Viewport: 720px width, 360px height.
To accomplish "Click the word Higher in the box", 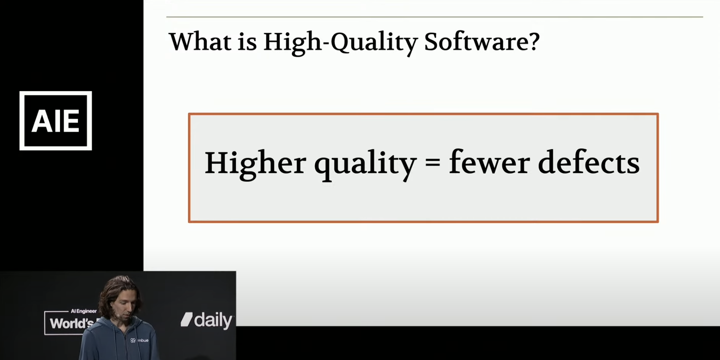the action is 255,164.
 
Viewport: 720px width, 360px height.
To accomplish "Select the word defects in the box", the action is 589,162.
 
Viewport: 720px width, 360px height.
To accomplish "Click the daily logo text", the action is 213,320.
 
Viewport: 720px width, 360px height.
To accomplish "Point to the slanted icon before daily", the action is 187,319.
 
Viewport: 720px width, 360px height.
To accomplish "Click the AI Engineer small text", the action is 84,311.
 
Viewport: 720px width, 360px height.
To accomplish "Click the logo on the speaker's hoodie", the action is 133,340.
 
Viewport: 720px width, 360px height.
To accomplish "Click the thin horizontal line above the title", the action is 435,17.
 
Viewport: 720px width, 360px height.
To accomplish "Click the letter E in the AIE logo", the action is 72,121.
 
